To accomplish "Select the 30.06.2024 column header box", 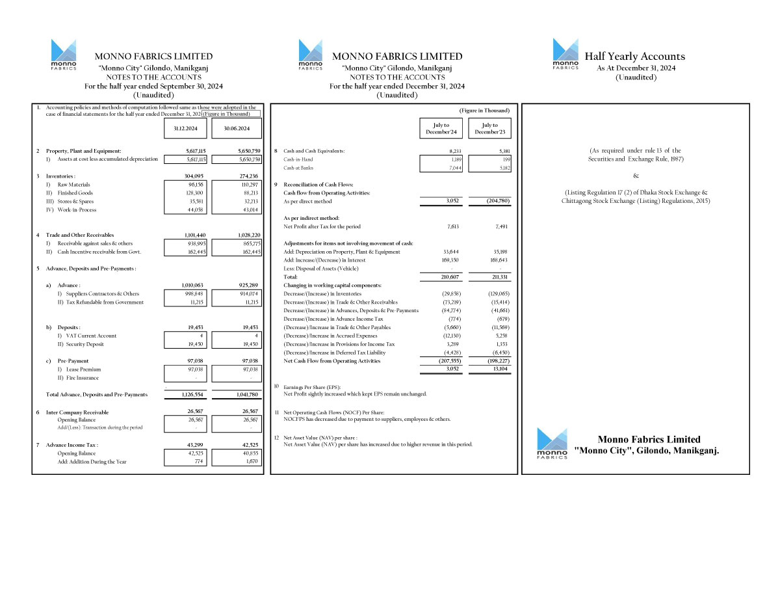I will click(237, 128).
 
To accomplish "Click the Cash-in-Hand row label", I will click(298, 159).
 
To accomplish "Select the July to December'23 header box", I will click(491, 128).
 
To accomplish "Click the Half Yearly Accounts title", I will click(634, 57).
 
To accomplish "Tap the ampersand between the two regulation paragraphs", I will click(636, 176).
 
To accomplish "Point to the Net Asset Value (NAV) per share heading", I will click(320, 438).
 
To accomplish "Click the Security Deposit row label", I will click(81, 344).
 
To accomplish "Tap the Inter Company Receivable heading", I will click(77, 412).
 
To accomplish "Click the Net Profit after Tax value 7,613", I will click(453, 226).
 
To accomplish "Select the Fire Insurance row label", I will click(78, 378).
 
